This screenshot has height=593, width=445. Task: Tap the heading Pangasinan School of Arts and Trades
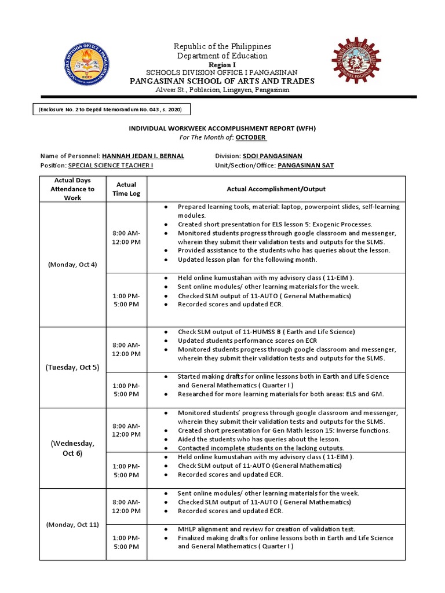222,81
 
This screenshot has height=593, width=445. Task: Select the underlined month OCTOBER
251,137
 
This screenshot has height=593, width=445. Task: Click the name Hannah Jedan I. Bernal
144,156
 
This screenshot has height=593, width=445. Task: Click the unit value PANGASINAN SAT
305,166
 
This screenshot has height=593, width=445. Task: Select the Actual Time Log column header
126,189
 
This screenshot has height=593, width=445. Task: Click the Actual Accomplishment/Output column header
276,189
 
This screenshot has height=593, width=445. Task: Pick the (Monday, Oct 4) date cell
72,264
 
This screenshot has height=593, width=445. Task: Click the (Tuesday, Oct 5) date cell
72,367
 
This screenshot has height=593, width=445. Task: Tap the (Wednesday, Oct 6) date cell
72,448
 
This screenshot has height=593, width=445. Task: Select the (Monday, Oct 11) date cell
72,525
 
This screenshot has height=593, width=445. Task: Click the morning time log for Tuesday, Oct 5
126,350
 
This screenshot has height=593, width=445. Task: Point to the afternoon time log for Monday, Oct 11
126,542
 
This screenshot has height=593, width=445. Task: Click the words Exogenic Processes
342,224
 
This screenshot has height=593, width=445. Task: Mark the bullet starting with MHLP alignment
267,529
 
